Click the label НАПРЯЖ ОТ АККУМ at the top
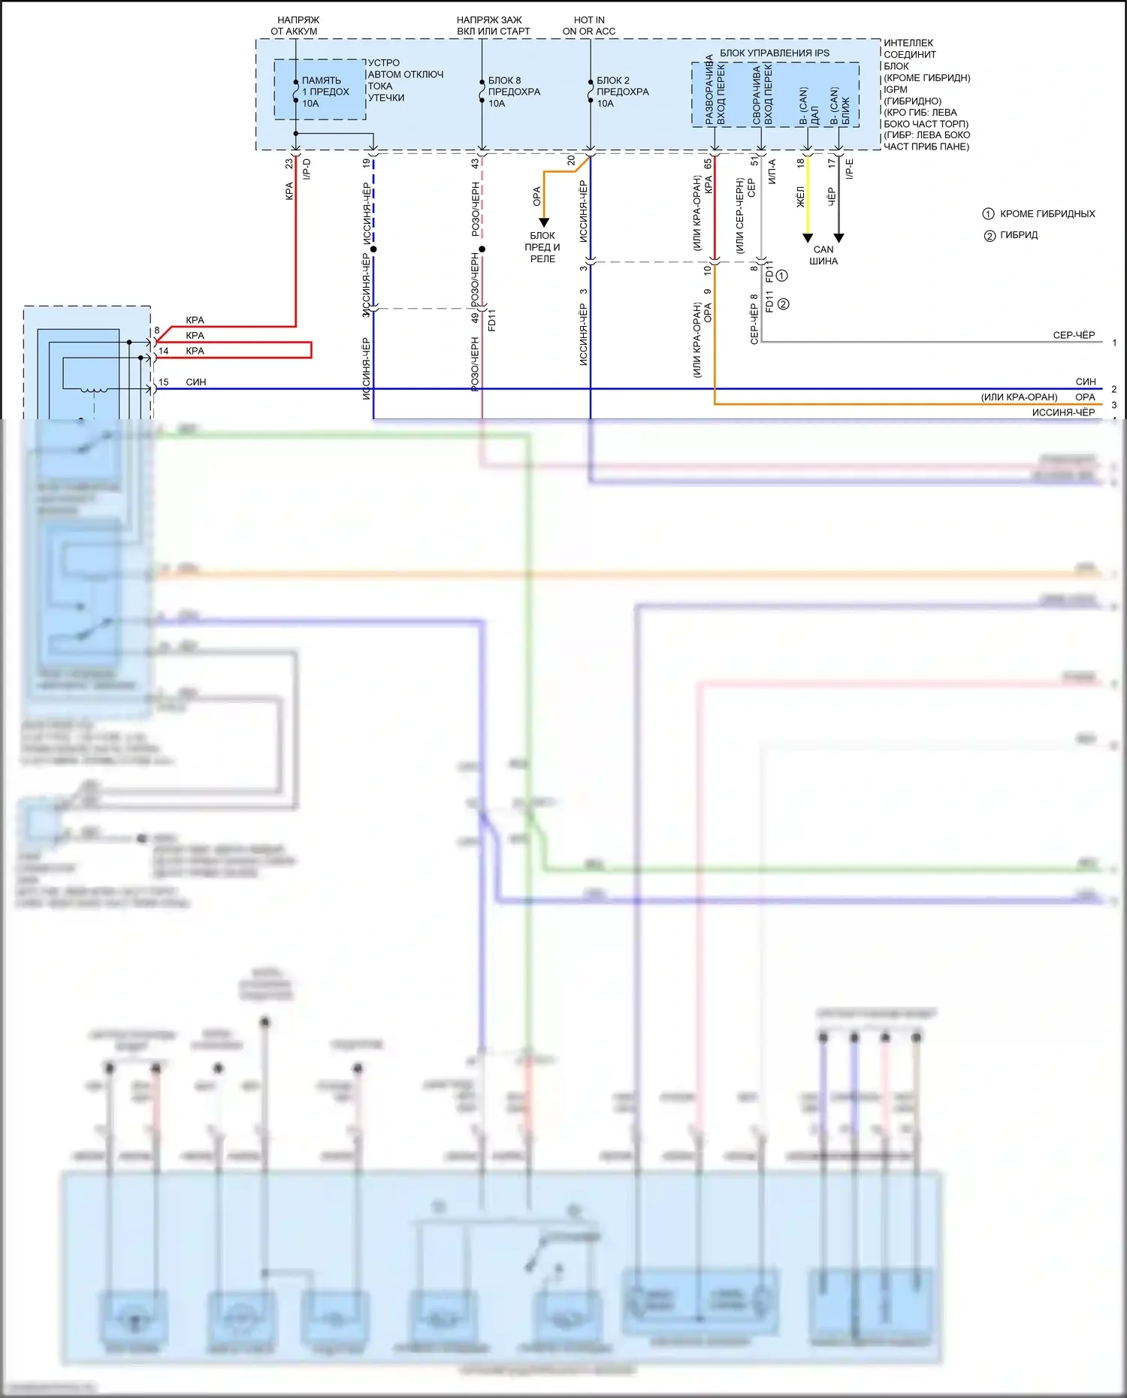tap(295, 26)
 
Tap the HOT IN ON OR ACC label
tap(589, 26)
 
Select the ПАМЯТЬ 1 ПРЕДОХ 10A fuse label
tap(325, 92)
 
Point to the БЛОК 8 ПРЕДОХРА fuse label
tap(514, 92)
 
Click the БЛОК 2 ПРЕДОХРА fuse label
tap(622, 92)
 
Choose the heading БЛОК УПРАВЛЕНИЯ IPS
tap(775, 53)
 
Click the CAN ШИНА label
tap(823, 255)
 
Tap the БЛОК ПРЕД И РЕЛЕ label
tap(542, 247)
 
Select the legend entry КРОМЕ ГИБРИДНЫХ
tap(1047, 214)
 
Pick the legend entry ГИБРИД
tap(1018, 235)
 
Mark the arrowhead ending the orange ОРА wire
tap(544, 222)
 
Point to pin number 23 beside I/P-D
tap(289, 163)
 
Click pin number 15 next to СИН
tap(164, 382)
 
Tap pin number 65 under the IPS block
tap(708, 163)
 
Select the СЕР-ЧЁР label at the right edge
tap(1074, 335)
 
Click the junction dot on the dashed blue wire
tap(373, 249)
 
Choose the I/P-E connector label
tap(850, 168)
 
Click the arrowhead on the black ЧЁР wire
tap(839, 238)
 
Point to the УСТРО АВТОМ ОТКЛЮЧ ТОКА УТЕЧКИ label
tap(404, 80)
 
